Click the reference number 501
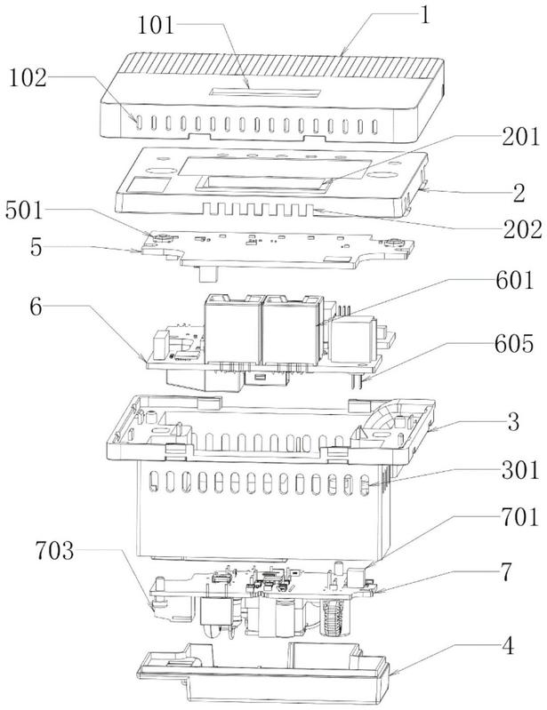tap(29, 212)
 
